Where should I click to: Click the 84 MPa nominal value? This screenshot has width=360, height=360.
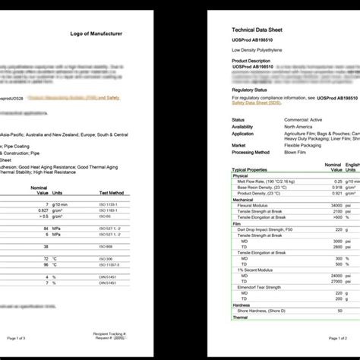(46, 228)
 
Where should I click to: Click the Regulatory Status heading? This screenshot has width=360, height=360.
(252, 89)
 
